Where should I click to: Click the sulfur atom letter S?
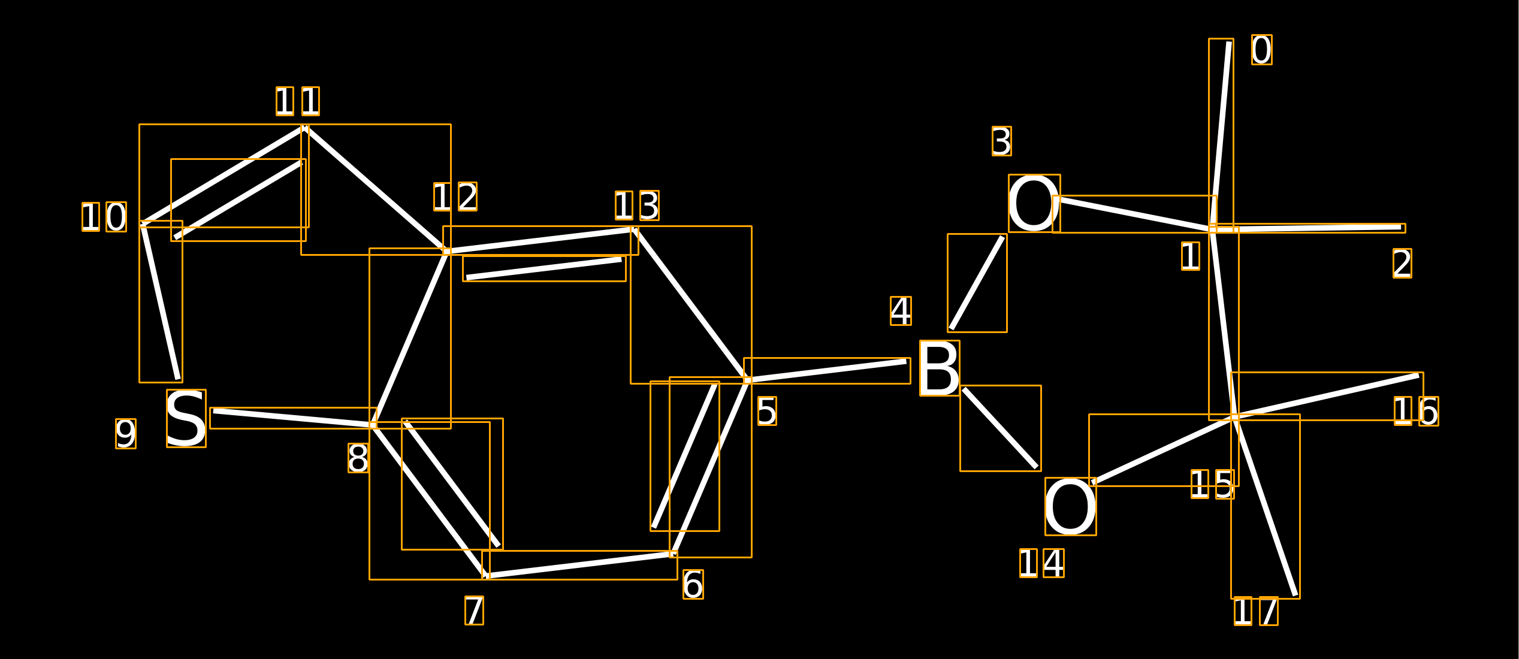186,418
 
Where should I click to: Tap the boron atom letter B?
940,368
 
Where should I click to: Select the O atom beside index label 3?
1034,203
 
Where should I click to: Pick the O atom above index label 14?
1071,506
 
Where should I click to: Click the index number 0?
1261,50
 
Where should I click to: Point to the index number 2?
1402,263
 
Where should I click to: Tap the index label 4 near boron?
901,311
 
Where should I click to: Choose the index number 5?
767,411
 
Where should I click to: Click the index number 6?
693,584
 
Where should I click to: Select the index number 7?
474,610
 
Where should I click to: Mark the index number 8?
358,458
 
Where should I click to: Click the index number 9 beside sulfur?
126,434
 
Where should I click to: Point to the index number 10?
104,217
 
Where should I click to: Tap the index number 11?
298,101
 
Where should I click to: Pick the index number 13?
637,205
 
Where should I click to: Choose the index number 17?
1256,611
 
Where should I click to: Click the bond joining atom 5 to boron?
827,371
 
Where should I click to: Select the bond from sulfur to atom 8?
293,418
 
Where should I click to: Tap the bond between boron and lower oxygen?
1000,428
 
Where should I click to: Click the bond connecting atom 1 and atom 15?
1224,324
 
